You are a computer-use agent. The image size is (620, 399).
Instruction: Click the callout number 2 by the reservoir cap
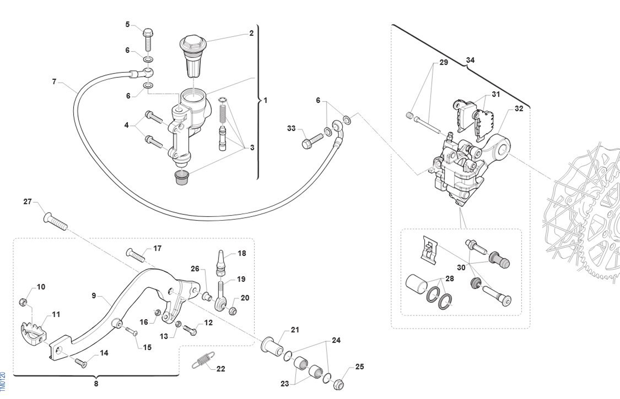pyautogui.click(x=251, y=33)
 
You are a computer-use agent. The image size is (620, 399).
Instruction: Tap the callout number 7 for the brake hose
pyautogui.click(x=54, y=81)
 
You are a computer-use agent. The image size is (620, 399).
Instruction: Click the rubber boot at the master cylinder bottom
pyautogui.click(x=182, y=178)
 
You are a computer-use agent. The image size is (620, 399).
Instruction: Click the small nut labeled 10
pyautogui.click(x=24, y=302)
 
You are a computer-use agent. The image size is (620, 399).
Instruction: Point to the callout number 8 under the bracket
pyautogui.click(x=96, y=384)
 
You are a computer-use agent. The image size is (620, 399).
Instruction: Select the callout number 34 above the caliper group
pyautogui.click(x=470, y=60)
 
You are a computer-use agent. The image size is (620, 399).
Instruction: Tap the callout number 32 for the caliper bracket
pyautogui.click(x=519, y=108)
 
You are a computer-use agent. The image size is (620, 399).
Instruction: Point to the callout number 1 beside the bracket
pyautogui.click(x=265, y=100)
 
